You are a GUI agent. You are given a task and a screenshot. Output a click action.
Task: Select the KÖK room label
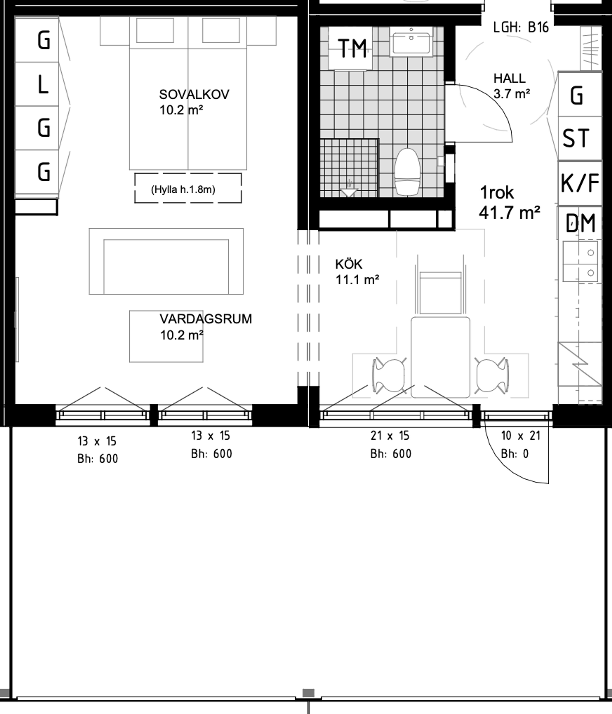349,264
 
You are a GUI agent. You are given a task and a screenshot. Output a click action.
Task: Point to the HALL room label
509,79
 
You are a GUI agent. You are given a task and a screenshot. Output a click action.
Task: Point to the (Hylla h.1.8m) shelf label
183,190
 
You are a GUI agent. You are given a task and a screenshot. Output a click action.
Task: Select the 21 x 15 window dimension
390,436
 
